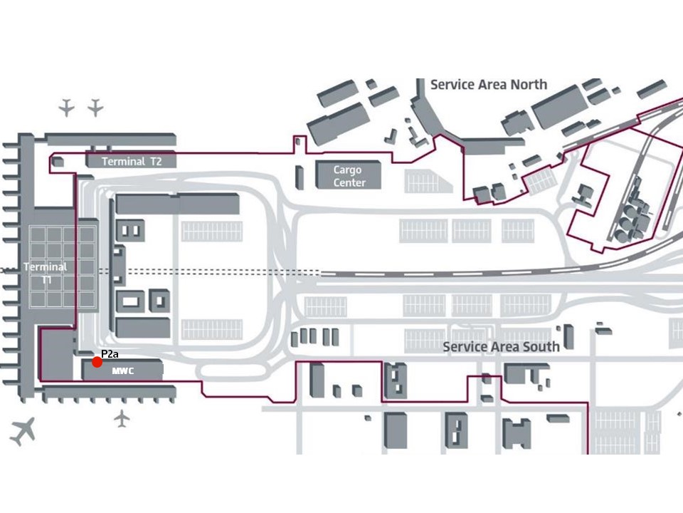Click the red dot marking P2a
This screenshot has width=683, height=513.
[97, 362]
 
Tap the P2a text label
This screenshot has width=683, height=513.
[110, 353]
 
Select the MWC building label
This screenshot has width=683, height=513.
[123, 371]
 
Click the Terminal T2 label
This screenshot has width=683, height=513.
[132, 162]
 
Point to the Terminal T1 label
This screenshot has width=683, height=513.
[46, 273]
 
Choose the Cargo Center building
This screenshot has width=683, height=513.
[349, 176]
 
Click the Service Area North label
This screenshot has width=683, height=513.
[489, 85]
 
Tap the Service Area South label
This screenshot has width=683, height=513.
[501, 347]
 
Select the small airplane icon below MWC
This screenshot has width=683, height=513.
[122, 418]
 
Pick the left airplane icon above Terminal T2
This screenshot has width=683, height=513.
[67, 108]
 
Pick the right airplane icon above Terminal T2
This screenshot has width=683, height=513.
[95, 108]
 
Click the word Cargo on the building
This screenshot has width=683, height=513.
[349, 170]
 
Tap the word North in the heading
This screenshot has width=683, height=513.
[528, 85]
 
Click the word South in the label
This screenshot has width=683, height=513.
[541, 347]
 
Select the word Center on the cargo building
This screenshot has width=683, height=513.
[349, 183]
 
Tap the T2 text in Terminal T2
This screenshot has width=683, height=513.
[156, 162]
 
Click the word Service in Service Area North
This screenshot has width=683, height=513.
[452, 85]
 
